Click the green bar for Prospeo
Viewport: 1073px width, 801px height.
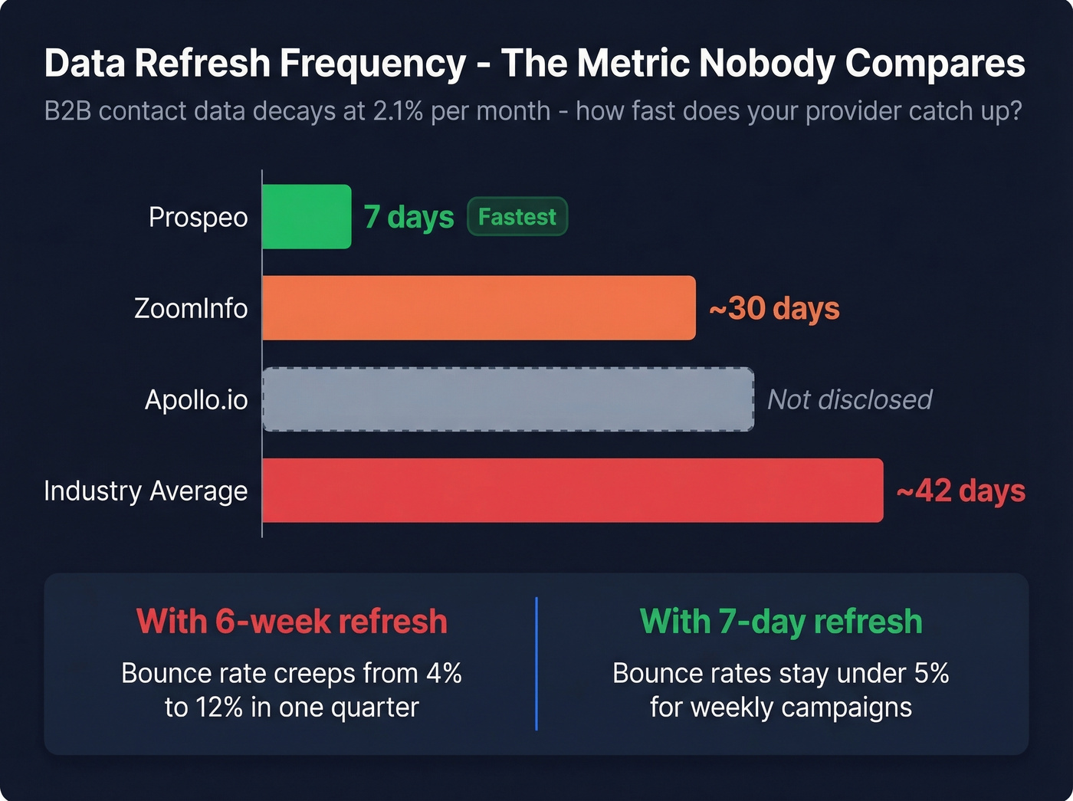click(x=307, y=217)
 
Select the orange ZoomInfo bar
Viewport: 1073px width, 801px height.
click(x=479, y=308)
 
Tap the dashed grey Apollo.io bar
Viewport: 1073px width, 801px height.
click(x=508, y=399)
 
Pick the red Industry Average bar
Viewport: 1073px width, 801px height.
click(x=573, y=491)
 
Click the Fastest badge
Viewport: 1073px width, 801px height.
click(x=517, y=217)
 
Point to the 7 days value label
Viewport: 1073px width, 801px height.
click(x=409, y=217)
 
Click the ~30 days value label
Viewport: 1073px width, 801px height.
click(x=774, y=308)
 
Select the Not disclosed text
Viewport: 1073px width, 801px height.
click(x=849, y=399)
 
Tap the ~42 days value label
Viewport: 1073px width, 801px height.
click(x=960, y=491)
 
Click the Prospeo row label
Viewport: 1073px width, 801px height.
click(x=198, y=218)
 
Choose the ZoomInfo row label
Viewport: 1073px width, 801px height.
click(x=191, y=308)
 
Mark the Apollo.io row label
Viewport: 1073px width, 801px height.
click(x=196, y=399)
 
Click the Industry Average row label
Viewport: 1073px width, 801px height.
click(x=146, y=491)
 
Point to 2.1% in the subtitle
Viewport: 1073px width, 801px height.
click(x=398, y=111)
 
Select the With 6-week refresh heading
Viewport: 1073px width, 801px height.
click(x=291, y=621)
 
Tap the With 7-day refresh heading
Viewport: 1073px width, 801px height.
click(x=781, y=621)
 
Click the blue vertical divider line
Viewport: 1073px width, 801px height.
click(x=536, y=664)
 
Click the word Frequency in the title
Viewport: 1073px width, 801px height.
click(x=372, y=64)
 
